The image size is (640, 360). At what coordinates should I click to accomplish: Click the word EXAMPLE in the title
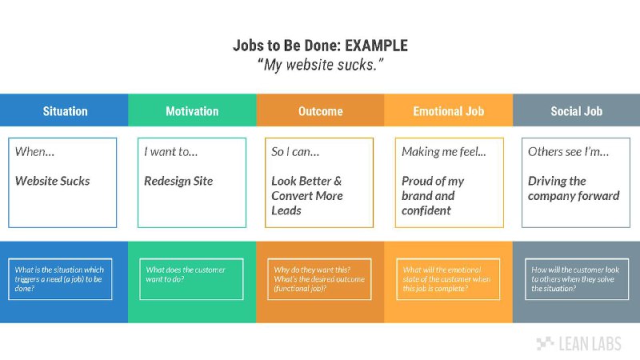pos(376,46)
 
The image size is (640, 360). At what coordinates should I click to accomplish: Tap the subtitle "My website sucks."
pos(321,65)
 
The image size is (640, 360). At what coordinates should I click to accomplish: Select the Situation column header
pos(66,111)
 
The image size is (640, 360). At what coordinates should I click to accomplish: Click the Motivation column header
pos(192,111)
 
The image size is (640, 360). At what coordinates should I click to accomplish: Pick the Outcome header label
pos(321,111)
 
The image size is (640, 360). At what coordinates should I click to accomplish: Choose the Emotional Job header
pos(448,111)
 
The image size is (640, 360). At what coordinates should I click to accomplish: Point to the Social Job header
pos(576,111)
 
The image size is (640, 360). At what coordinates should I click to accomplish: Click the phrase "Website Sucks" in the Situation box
pos(52,181)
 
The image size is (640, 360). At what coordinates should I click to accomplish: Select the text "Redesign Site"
pos(178,181)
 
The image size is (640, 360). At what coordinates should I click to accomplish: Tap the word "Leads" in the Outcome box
pos(286,210)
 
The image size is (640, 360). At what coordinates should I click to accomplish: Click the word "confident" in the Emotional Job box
pos(426,210)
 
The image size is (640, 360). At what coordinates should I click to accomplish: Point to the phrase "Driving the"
pos(557,181)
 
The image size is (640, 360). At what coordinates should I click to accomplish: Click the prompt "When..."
pos(34,152)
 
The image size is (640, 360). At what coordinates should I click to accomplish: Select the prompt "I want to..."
pos(170,152)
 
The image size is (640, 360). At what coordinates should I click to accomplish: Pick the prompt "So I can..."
pos(295,152)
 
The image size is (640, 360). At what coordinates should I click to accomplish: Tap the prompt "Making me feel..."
pos(444,152)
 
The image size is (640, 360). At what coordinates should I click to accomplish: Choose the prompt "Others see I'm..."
pos(568,152)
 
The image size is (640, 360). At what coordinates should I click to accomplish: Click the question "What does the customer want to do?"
pos(186,274)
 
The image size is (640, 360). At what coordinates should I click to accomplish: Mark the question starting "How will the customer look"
pos(575,279)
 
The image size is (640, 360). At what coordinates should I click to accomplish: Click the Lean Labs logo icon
pos(545,343)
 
